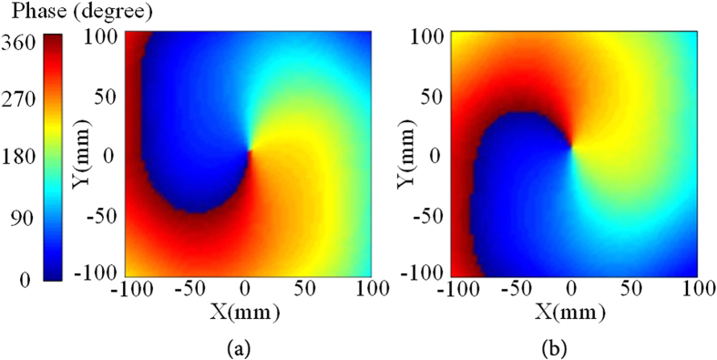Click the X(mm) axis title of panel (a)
click(x=248, y=313)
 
